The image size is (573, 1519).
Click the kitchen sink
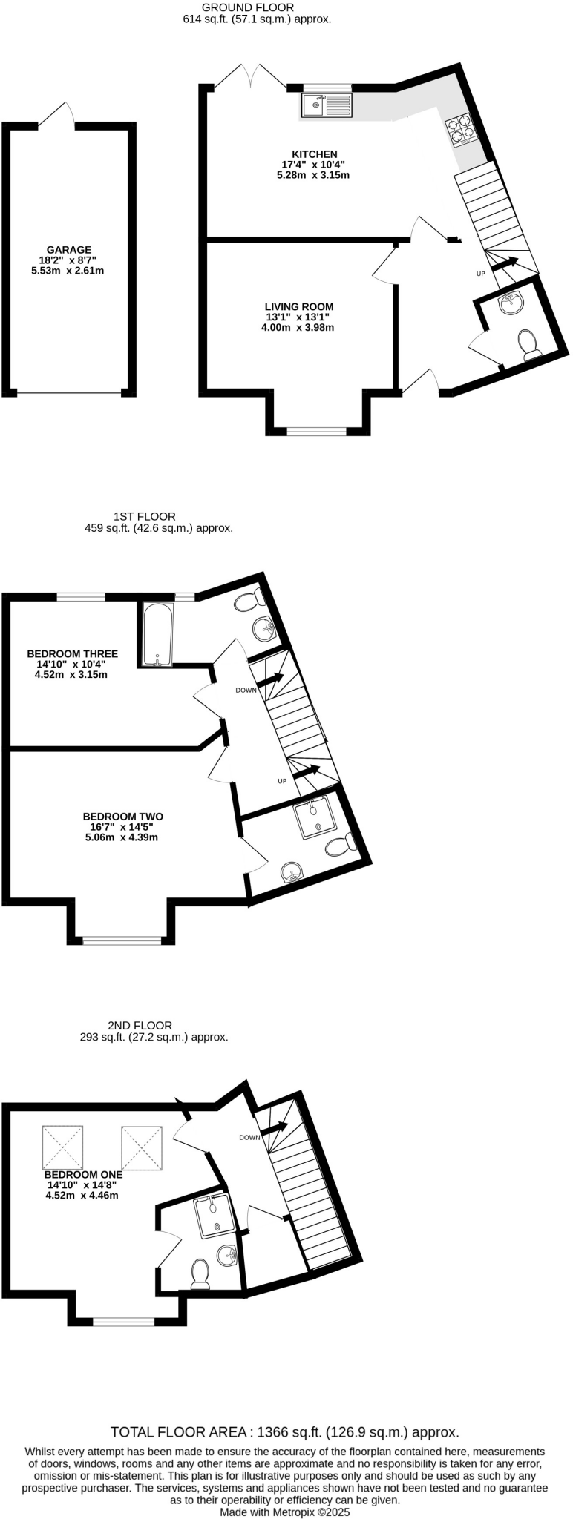[326, 105]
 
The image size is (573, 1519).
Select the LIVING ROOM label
[299, 306]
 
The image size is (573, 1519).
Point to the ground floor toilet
[529, 345]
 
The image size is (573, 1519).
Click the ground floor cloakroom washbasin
[510, 303]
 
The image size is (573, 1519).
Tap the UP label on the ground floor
[480, 274]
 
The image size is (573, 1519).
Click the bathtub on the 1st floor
[158, 635]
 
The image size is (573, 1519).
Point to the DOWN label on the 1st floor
[246, 690]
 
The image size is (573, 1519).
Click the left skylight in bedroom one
[62, 1147]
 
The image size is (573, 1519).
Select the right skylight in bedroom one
[141, 1147]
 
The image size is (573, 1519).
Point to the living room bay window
[317, 430]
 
